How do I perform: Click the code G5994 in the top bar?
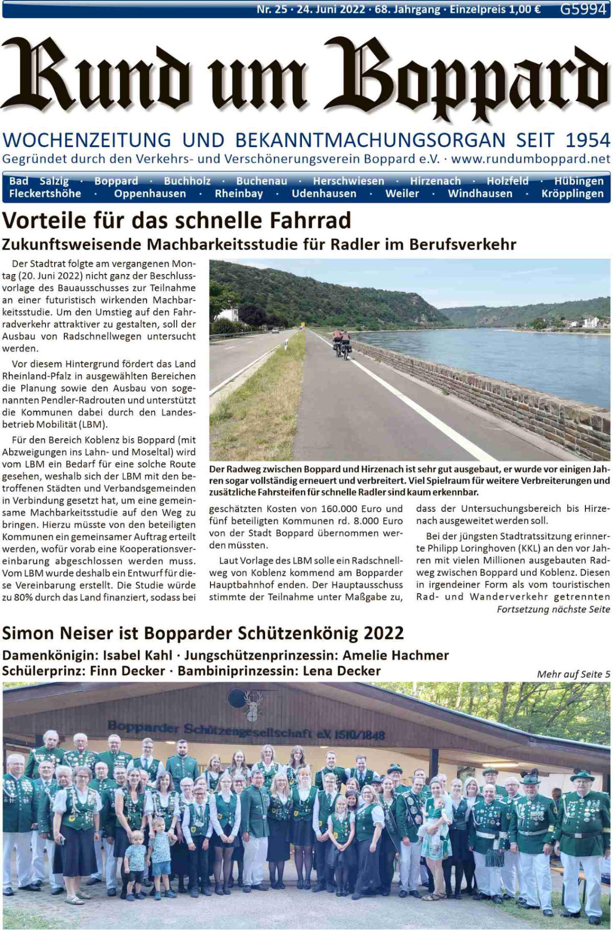coord(582,9)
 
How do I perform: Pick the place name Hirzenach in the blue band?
coord(435,181)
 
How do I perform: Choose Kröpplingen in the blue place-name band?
coord(572,194)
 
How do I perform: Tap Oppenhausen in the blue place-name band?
coord(150,194)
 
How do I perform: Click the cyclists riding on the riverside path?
coord(342,342)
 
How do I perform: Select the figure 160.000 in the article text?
coord(342,509)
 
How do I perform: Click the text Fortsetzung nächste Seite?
coord(553,609)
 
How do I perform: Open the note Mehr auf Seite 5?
coord(573,674)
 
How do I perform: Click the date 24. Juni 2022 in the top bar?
coord(331,9)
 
